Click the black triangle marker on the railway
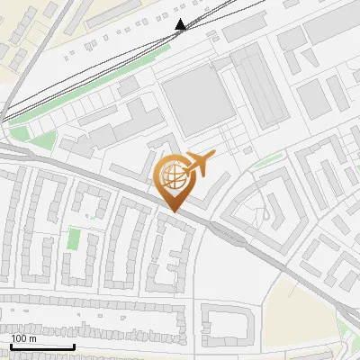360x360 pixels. coord(181,24)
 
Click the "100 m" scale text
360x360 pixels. coord(24,338)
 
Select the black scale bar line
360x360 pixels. coord(42,346)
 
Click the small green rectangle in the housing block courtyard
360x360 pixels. coord(74,239)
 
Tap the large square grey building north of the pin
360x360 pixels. coord(197,99)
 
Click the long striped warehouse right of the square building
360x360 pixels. coord(258,85)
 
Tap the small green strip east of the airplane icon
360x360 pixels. coord(267,163)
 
